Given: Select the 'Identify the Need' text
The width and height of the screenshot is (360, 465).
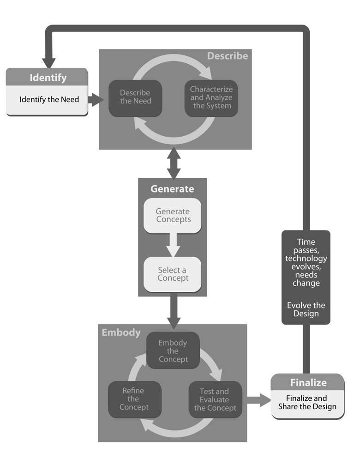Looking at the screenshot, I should [49, 99].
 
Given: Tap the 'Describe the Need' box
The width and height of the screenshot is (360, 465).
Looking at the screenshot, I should [135, 97].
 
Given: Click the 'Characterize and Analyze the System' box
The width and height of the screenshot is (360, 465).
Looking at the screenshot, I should [211, 97].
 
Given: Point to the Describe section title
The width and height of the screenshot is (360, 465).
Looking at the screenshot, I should [227, 56].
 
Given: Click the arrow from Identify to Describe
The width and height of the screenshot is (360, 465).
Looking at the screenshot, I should [96, 99].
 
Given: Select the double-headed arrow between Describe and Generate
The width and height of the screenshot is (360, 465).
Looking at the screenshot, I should [174, 163].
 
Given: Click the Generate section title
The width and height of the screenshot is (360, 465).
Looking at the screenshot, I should [172, 189].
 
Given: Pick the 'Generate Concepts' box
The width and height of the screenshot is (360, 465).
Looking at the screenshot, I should [173, 216].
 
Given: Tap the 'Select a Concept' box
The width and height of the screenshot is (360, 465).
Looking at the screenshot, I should [173, 274].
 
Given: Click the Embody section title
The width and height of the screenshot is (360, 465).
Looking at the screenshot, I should [121, 332].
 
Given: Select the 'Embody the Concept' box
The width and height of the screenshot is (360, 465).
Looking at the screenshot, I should [173, 350].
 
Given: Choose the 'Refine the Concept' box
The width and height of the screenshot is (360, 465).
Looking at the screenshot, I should [134, 399].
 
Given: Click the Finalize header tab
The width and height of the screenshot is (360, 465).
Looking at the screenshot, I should [308, 382].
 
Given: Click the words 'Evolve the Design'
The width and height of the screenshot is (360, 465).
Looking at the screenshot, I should [306, 309].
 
